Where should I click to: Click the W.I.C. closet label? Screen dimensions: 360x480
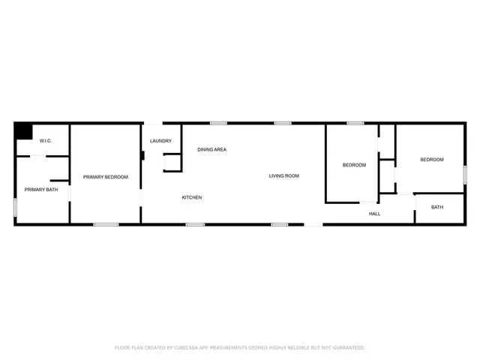pyautogui.click(x=34, y=141)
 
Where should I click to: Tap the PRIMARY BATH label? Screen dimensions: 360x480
pyautogui.click(x=41, y=190)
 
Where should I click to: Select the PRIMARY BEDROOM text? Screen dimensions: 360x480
pyautogui.click(x=105, y=177)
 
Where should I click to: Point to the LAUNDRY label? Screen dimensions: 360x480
pyautogui.click(x=160, y=141)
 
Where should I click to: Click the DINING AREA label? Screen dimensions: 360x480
pyautogui.click(x=211, y=150)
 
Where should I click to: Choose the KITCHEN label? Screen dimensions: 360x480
pyautogui.click(x=191, y=197)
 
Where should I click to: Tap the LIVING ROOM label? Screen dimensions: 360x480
pyautogui.click(x=284, y=176)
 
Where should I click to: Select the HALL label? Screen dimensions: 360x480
pyautogui.click(x=374, y=214)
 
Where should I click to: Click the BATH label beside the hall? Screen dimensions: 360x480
pyautogui.click(x=436, y=207)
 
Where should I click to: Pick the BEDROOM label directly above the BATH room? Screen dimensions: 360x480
pyautogui.click(x=431, y=160)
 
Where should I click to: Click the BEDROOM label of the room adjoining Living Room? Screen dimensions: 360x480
pyautogui.click(x=354, y=165)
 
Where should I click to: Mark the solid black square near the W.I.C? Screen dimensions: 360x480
pyautogui.click(x=24, y=130)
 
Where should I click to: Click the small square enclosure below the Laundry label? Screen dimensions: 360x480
pyautogui.click(x=172, y=163)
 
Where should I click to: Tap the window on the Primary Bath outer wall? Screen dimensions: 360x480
pyautogui.click(x=15, y=208)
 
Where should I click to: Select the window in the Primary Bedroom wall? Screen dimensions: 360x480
pyautogui.click(x=106, y=223)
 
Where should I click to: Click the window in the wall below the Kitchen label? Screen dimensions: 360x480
pyautogui.click(x=195, y=223)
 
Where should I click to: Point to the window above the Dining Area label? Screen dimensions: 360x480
pyautogui.click(x=218, y=123)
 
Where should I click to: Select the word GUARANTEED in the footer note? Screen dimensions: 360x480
pyautogui.click(x=346, y=348)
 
